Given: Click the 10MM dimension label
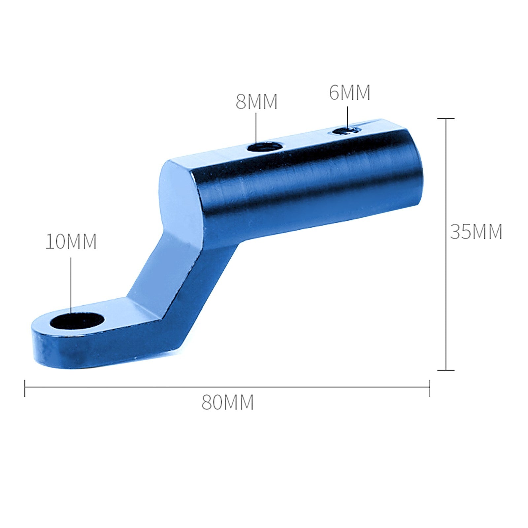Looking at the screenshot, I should click(71, 242).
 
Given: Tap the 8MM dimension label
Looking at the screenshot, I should click(256, 102).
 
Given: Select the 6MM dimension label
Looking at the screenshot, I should click(349, 93).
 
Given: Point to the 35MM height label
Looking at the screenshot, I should click(476, 232).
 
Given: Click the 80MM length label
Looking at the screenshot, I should click(227, 402).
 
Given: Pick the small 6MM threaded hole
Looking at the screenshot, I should click(345, 131).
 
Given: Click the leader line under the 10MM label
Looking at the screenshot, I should click(71, 284).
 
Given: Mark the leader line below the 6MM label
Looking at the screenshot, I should click(347, 117).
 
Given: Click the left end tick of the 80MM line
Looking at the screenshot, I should click(25, 388).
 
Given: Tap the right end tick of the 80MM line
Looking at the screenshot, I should click(430, 388).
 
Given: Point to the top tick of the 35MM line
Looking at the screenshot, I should click(446, 118).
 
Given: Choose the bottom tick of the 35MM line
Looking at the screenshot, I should click(446, 370).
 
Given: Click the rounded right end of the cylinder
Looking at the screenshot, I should click(416, 172).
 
